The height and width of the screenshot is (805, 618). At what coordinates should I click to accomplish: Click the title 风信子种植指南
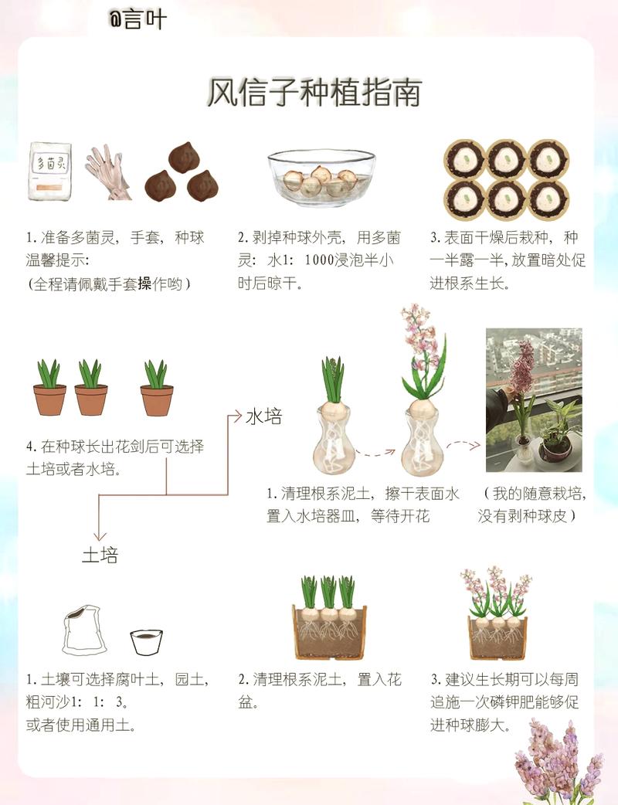tap(314, 93)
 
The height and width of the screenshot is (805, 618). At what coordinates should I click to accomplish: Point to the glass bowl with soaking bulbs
tap(322, 177)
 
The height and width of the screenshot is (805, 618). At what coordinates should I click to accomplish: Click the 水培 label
tap(264, 417)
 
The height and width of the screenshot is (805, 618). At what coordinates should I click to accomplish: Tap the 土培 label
tap(100, 555)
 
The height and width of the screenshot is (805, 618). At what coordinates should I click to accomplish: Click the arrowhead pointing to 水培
tap(237, 417)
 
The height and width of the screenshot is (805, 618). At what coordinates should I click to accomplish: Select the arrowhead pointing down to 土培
tap(99, 535)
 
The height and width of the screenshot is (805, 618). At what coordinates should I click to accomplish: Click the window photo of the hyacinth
tap(533, 400)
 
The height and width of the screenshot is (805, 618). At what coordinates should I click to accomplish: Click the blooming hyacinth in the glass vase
tap(421, 394)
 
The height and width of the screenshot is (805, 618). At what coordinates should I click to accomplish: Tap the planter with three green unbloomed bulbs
tap(329, 618)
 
